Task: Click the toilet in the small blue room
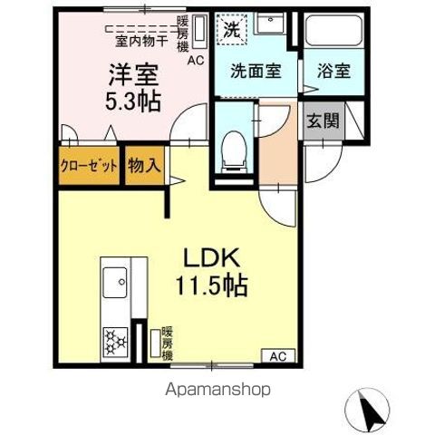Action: click(234, 152)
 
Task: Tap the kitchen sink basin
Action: click(115, 283)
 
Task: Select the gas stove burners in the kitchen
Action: click(115, 342)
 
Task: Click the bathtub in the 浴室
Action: click(333, 31)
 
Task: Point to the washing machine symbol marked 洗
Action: click(232, 30)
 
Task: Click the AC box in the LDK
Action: click(278, 356)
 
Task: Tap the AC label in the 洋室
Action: click(196, 61)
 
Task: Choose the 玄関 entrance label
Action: click(323, 121)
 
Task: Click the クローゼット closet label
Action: click(89, 166)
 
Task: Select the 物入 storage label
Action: click(144, 165)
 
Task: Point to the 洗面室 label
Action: click(256, 71)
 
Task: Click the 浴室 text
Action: click(333, 71)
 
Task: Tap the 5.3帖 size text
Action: click(132, 101)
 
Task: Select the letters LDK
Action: click(212, 257)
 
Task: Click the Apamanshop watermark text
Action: click(217, 390)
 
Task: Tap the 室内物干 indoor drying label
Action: click(141, 42)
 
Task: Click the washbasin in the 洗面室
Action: click(270, 23)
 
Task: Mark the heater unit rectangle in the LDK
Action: click(156, 343)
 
